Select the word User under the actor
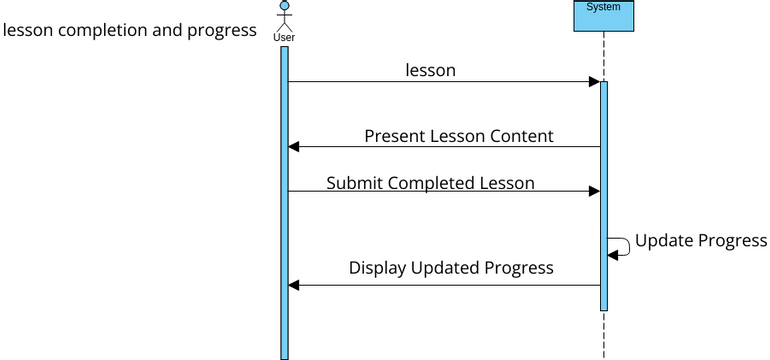pyautogui.click(x=284, y=37)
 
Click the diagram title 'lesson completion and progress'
pyautogui.click(x=130, y=30)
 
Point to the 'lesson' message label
pyautogui.click(x=430, y=70)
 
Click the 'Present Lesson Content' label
pyautogui.click(x=458, y=136)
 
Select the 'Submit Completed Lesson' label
pyautogui.click(x=430, y=183)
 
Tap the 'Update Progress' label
pyautogui.click(x=701, y=241)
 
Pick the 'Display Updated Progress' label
pyautogui.click(x=451, y=268)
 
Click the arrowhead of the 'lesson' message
pyautogui.click(x=594, y=82)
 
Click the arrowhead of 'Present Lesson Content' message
pyautogui.click(x=294, y=147)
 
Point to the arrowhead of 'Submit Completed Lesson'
pyautogui.click(x=594, y=191)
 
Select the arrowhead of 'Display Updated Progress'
pyautogui.click(x=294, y=285)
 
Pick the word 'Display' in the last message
pyautogui.click(x=377, y=268)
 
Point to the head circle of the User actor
pyautogui.click(x=284, y=5)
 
